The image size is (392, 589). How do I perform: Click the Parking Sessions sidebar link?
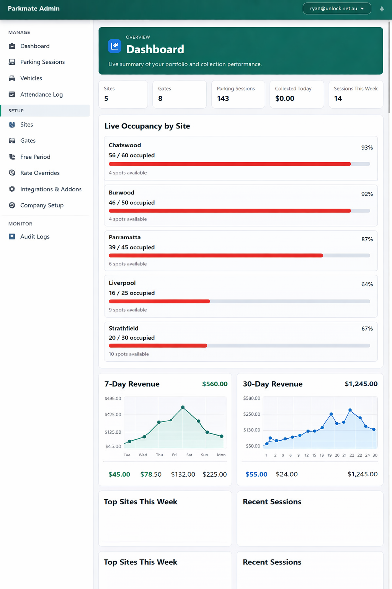tap(42, 62)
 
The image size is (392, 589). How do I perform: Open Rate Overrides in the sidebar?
tap(40, 173)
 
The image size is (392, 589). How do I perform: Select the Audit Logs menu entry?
tap(35, 237)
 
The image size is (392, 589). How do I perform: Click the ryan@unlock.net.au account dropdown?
tap(336, 8)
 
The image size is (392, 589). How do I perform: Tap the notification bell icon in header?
tap(382, 9)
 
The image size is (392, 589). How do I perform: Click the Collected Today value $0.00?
tap(284, 99)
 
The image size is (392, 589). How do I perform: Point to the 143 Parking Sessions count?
tap(223, 99)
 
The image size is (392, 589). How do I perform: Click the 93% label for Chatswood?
tap(367, 148)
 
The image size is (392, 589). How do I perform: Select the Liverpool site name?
tap(122, 283)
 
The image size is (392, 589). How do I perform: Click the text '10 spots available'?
tap(129, 354)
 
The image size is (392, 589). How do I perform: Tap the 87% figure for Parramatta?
tap(367, 239)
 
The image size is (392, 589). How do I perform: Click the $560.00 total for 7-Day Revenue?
tap(214, 384)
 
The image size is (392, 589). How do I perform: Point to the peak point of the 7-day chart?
tap(183, 407)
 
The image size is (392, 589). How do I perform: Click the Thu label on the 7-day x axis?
tap(159, 455)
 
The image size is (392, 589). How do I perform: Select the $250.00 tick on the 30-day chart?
tap(252, 414)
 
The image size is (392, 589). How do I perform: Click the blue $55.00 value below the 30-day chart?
tap(256, 474)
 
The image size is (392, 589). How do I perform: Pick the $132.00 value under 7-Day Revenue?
tap(183, 474)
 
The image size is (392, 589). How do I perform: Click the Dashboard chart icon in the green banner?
tap(114, 46)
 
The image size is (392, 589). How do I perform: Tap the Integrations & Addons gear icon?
tap(12, 189)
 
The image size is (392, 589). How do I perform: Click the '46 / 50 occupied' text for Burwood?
tap(132, 202)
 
